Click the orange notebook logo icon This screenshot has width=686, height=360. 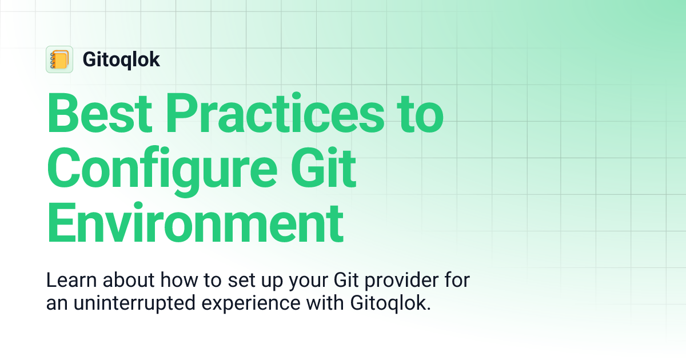click(59, 59)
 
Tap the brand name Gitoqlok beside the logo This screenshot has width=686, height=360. click(121, 59)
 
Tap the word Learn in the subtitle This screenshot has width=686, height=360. click(66, 282)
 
